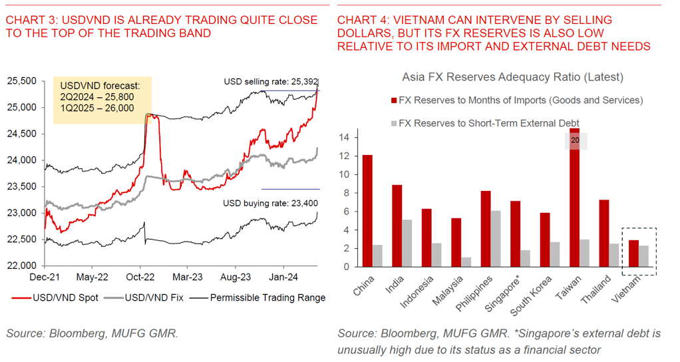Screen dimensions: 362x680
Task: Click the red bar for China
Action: (x=367, y=210)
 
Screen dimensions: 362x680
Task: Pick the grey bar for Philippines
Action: (x=496, y=238)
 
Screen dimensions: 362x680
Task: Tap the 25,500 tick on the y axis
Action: (x=21, y=81)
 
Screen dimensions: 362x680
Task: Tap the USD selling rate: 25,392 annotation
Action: (x=270, y=82)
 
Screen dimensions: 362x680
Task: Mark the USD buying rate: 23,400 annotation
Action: (x=270, y=203)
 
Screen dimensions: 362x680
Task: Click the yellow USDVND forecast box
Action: (x=102, y=100)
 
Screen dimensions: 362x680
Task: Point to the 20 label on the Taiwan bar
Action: (x=575, y=141)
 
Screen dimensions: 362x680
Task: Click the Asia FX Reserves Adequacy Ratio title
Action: (x=512, y=77)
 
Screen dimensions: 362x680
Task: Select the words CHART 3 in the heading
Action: (x=27, y=20)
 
